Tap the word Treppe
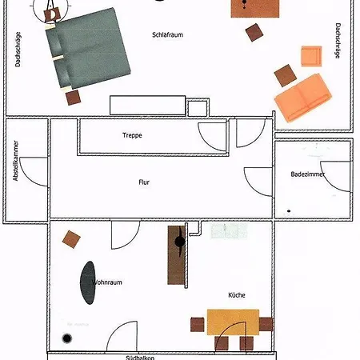132,135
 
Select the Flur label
144,182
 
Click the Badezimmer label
308,174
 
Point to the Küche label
236,295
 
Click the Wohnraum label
108,282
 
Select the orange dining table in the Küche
233,322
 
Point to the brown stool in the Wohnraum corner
74,238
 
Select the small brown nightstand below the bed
74,97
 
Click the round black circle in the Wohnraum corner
66,337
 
